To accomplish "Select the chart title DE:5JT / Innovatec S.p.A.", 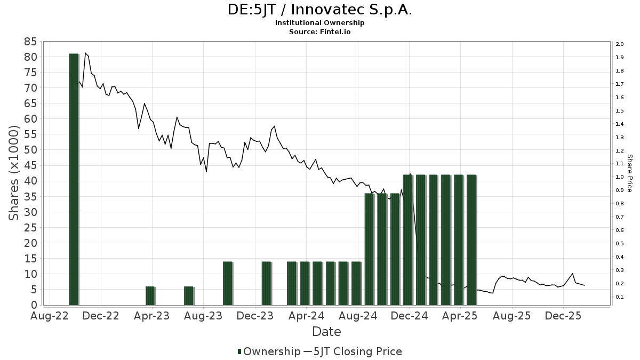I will pos(319,10).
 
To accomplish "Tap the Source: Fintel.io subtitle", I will pos(319,31).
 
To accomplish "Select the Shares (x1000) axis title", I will pos(14,173).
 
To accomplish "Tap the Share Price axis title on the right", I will pos(629,173).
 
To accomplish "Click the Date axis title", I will pos(326,332).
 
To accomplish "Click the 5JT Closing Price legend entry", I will pos(356,351).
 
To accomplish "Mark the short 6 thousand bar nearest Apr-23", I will pos(150,296).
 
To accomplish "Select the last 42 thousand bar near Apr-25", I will pos(471,240).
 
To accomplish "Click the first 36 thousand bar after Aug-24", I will pos(369,249).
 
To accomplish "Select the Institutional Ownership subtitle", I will pos(319,23).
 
